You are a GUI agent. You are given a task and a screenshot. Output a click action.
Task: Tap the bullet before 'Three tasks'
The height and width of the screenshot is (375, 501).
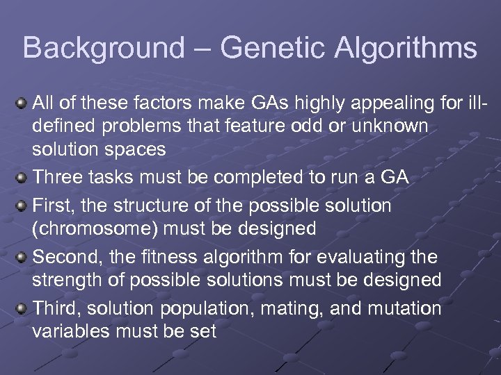pyautogui.click(x=21, y=178)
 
